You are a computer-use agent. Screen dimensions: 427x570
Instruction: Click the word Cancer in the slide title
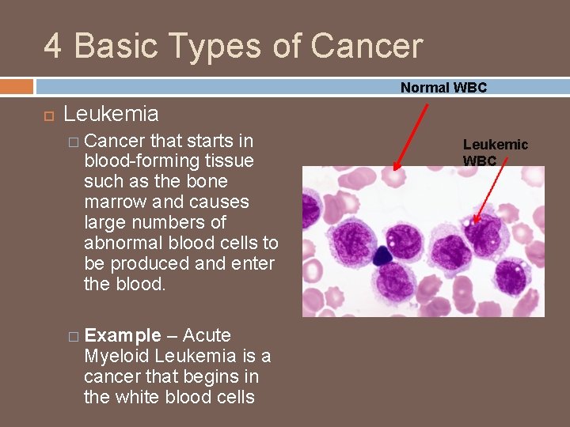[367, 46]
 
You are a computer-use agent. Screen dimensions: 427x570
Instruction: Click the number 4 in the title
[53, 46]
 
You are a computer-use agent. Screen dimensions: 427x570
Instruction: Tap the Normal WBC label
[443, 88]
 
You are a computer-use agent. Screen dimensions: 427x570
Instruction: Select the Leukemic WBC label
[495, 153]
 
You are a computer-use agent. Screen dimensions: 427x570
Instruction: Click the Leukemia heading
[111, 114]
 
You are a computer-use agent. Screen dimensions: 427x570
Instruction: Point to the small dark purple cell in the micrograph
[383, 255]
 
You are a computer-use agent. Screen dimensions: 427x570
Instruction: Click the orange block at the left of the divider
[17, 86]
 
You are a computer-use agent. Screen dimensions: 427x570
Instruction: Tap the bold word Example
[122, 335]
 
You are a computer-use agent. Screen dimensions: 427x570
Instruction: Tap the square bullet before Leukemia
[47, 115]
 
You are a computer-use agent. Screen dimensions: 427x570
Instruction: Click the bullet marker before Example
[74, 336]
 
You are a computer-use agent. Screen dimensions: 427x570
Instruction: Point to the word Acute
[207, 335]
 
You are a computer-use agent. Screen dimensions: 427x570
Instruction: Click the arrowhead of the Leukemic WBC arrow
[476, 221]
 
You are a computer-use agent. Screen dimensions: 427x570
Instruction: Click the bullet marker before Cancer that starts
[74, 142]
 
